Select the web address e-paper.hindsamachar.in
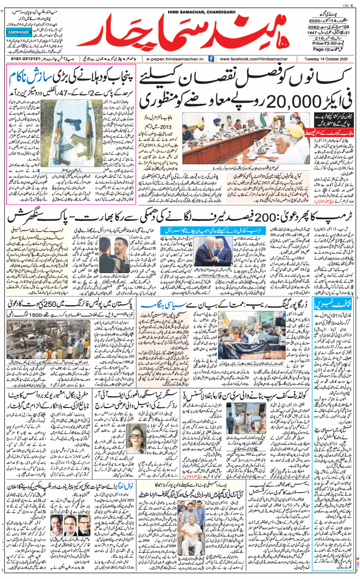(173, 58)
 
